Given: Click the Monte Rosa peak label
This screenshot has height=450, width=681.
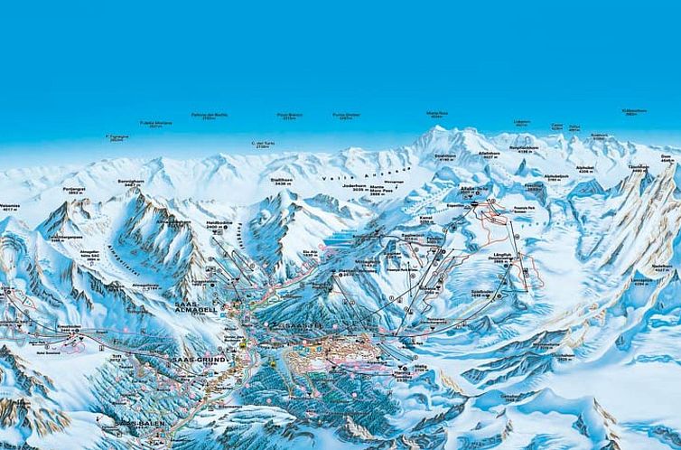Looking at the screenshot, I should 437,115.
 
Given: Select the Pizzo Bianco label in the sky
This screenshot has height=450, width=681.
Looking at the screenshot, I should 288,117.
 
